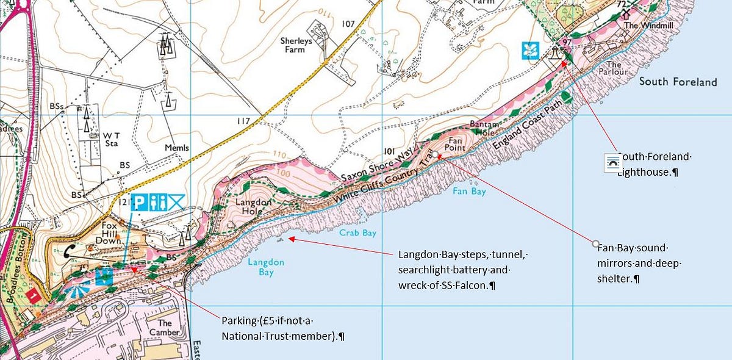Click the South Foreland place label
click(x=678, y=82)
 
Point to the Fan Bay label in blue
click(x=469, y=191)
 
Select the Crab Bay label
click(x=359, y=232)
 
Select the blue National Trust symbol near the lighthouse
click(x=529, y=51)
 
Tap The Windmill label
click(x=639, y=26)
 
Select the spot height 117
click(x=243, y=121)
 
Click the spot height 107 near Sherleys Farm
click(x=348, y=24)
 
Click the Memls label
click(x=177, y=148)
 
